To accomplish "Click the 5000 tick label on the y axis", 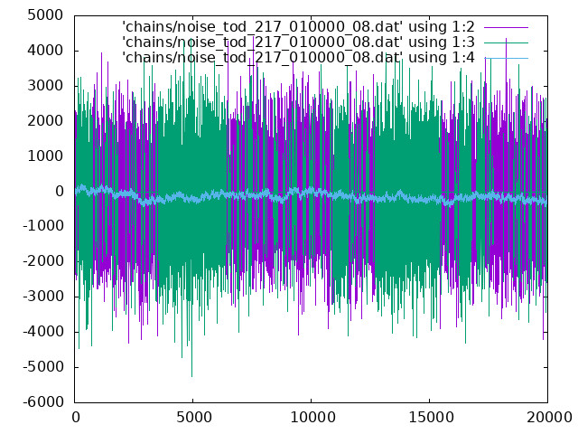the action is tap(45, 15).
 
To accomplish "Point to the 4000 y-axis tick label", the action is tap(45, 51).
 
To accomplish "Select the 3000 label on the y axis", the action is tap(45, 86).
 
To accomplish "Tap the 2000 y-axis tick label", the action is tap(45, 121).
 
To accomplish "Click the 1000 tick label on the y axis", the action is tap(45, 156).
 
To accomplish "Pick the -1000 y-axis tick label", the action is tap(43, 225).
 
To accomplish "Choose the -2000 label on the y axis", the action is tap(43, 261).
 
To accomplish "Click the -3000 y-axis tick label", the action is tap(43, 297).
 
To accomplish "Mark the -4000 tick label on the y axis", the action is tap(43, 332).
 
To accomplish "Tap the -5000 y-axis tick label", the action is tap(43, 367).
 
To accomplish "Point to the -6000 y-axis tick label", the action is tap(43, 401).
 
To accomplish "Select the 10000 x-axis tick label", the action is tap(312, 418).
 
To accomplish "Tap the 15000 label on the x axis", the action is tap(431, 418).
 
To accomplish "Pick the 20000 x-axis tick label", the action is tap(549, 418).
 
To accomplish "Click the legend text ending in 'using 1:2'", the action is tap(298, 27).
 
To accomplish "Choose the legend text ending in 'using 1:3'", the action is tap(298, 42).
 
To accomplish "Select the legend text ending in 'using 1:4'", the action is tap(298, 58).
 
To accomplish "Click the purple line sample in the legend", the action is tap(506, 27).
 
